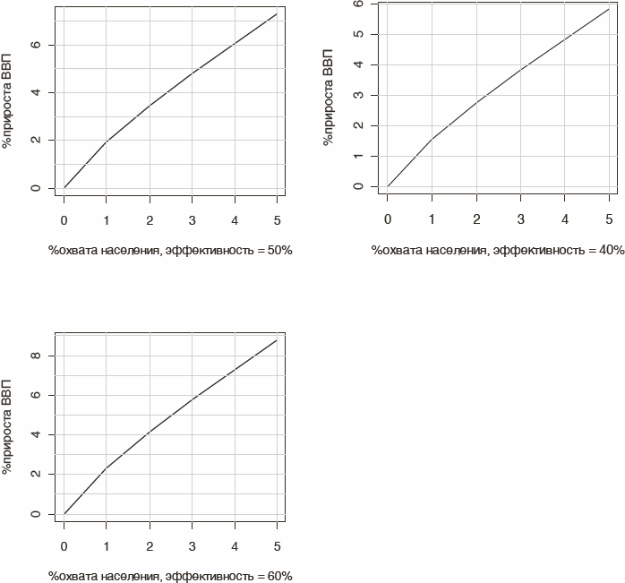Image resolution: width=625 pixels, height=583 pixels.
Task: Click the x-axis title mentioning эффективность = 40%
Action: click(498, 251)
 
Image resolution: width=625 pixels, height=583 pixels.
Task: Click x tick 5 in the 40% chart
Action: click(609, 219)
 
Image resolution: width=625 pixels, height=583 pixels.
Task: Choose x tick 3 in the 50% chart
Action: click(192, 219)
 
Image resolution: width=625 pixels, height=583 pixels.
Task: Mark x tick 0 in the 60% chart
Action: click(64, 545)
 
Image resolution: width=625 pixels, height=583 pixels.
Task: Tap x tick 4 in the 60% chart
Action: click(235, 545)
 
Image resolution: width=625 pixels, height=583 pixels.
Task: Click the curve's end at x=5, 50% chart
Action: click(277, 13)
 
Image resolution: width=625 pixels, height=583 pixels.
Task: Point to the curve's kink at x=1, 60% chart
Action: click(107, 468)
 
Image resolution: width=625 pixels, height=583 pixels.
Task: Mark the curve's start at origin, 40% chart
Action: click(388, 186)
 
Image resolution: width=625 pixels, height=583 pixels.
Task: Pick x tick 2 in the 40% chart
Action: click(476, 219)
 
